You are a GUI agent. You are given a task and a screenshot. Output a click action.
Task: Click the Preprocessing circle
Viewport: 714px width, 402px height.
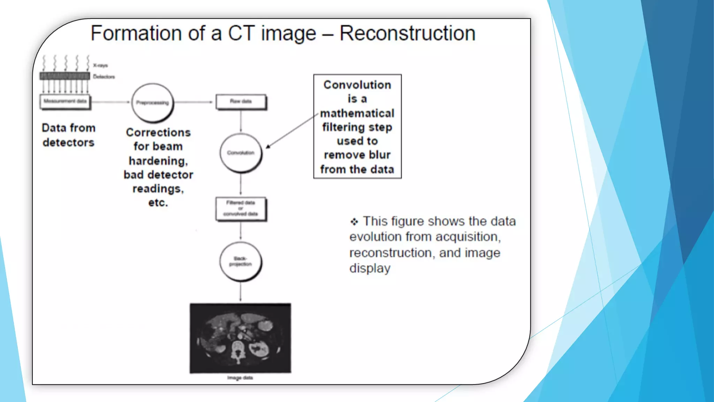pyautogui.click(x=152, y=103)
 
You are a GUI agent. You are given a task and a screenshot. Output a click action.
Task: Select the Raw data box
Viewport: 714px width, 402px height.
pyautogui.click(x=241, y=102)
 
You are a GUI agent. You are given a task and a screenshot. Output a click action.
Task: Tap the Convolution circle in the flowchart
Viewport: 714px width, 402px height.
pyautogui.click(x=241, y=153)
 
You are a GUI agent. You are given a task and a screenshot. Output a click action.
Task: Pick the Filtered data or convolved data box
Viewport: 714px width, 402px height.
pyautogui.click(x=241, y=208)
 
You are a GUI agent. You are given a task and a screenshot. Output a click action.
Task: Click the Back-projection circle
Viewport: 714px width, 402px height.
pyautogui.click(x=241, y=261)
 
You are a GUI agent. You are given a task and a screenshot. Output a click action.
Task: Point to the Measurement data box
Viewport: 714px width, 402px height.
pyautogui.click(x=65, y=102)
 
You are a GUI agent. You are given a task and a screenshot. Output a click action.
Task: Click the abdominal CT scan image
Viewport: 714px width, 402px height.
pyautogui.click(x=240, y=338)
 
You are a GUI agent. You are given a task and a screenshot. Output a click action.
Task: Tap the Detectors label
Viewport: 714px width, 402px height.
pyautogui.click(x=104, y=77)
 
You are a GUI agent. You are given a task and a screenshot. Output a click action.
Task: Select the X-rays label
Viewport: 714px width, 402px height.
pyautogui.click(x=100, y=65)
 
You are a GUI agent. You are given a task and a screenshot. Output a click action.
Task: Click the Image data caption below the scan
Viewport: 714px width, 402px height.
pyautogui.click(x=240, y=378)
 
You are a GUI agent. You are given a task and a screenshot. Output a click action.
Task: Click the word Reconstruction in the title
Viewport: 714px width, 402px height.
pyautogui.click(x=407, y=33)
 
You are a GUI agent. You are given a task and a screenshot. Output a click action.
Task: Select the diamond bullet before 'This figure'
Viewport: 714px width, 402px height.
pyautogui.click(x=354, y=222)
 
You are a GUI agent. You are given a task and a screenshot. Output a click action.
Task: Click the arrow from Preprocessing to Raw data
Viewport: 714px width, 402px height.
pyautogui.click(x=193, y=102)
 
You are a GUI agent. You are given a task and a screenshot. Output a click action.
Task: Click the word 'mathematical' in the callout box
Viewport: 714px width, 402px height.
pyautogui.click(x=357, y=113)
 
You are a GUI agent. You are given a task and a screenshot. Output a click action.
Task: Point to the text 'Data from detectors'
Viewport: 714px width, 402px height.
pyautogui.click(x=68, y=135)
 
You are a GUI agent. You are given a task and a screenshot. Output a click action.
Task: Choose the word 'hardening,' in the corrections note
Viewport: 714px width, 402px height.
pyautogui.click(x=158, y=161)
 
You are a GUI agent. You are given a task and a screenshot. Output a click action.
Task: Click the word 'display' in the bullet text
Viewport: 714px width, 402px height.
pyautogui.click(x=370, y=268)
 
